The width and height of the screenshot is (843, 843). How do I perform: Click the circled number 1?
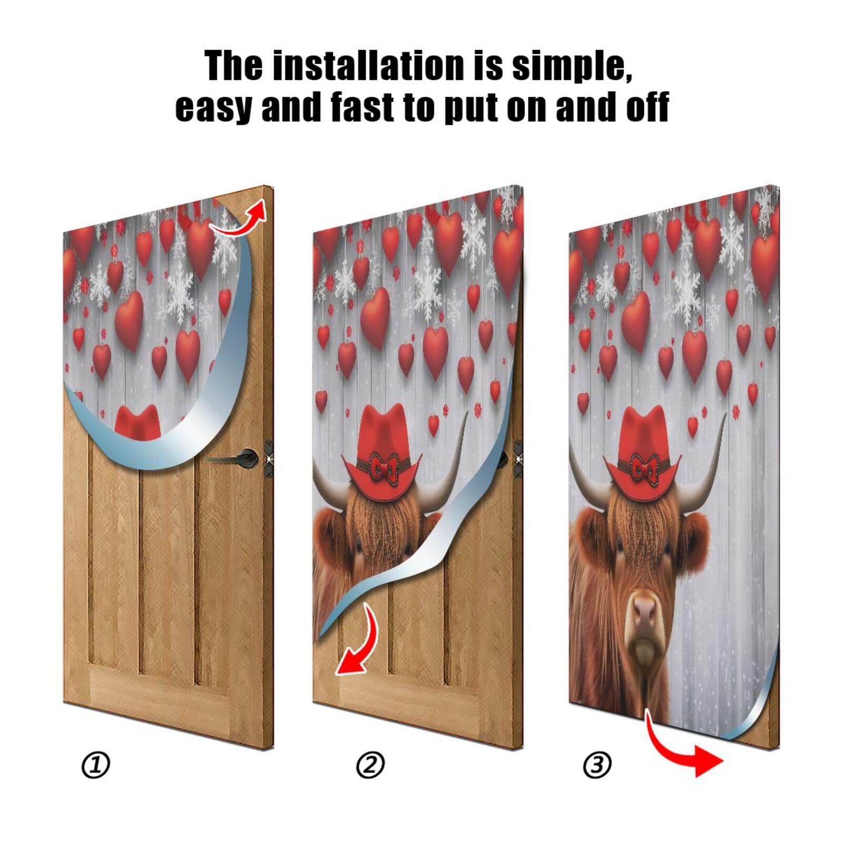tap(95, 766)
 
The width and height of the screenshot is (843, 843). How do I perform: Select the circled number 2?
tap(370, 766)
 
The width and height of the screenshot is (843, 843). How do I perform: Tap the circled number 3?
tap(597, 764)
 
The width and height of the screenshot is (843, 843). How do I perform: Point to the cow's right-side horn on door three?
tap(706, 474)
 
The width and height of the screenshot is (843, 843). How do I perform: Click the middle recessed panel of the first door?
tap(166, 569)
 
